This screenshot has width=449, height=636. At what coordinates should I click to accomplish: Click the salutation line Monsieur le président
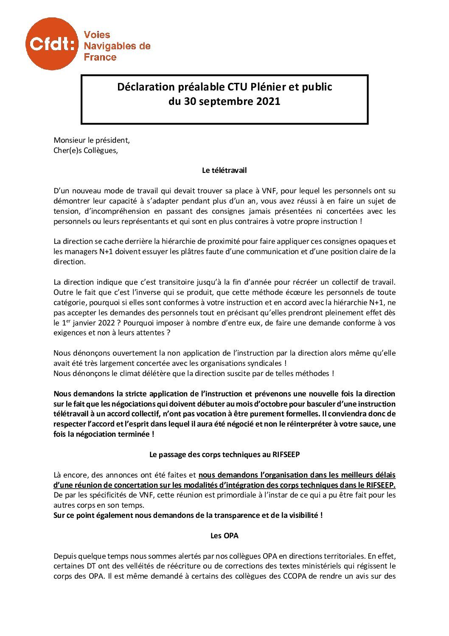point(92,140)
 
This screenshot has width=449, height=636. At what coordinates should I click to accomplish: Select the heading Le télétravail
point(224,171)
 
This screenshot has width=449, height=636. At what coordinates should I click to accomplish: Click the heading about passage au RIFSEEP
point(224,455)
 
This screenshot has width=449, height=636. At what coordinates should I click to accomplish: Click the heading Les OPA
point(224,536)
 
